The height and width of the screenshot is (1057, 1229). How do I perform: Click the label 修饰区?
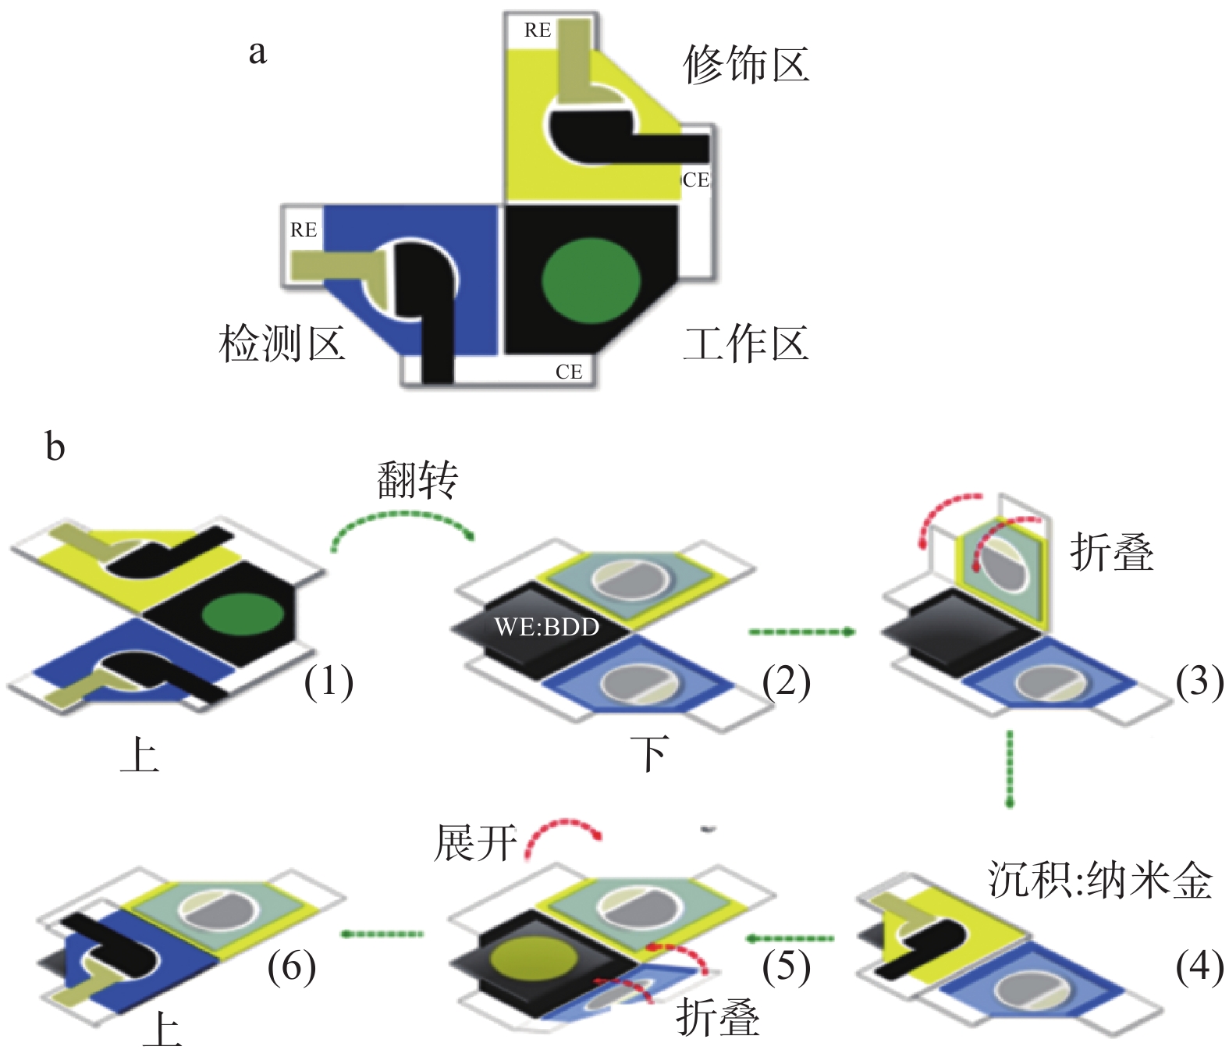tap(746, 64)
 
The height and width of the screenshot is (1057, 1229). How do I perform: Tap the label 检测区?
tap(282, 343)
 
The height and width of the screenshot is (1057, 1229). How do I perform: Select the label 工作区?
tap(746, 343)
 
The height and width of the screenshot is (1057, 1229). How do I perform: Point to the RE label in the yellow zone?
tap(538, 30)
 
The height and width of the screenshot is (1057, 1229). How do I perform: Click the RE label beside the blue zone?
tap(304, 230)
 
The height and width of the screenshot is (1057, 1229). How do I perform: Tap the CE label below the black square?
tap(569, 372)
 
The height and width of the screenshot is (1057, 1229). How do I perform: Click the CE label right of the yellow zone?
tap(696, 180)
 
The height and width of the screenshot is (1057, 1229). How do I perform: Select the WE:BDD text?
tap(547, 627)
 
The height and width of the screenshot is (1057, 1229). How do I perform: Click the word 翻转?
tap(417, 479)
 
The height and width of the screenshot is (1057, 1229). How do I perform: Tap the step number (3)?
tap(1199, 682)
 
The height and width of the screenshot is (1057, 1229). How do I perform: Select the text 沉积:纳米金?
tap(1100, 880)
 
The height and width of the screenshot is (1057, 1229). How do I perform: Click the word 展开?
tap(475, 843)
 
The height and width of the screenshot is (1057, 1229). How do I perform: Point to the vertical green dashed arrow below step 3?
tap(1010, 768)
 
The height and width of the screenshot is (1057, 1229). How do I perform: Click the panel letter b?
tap(55, 447)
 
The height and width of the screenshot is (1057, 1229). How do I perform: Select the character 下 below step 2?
tap(649, 754)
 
